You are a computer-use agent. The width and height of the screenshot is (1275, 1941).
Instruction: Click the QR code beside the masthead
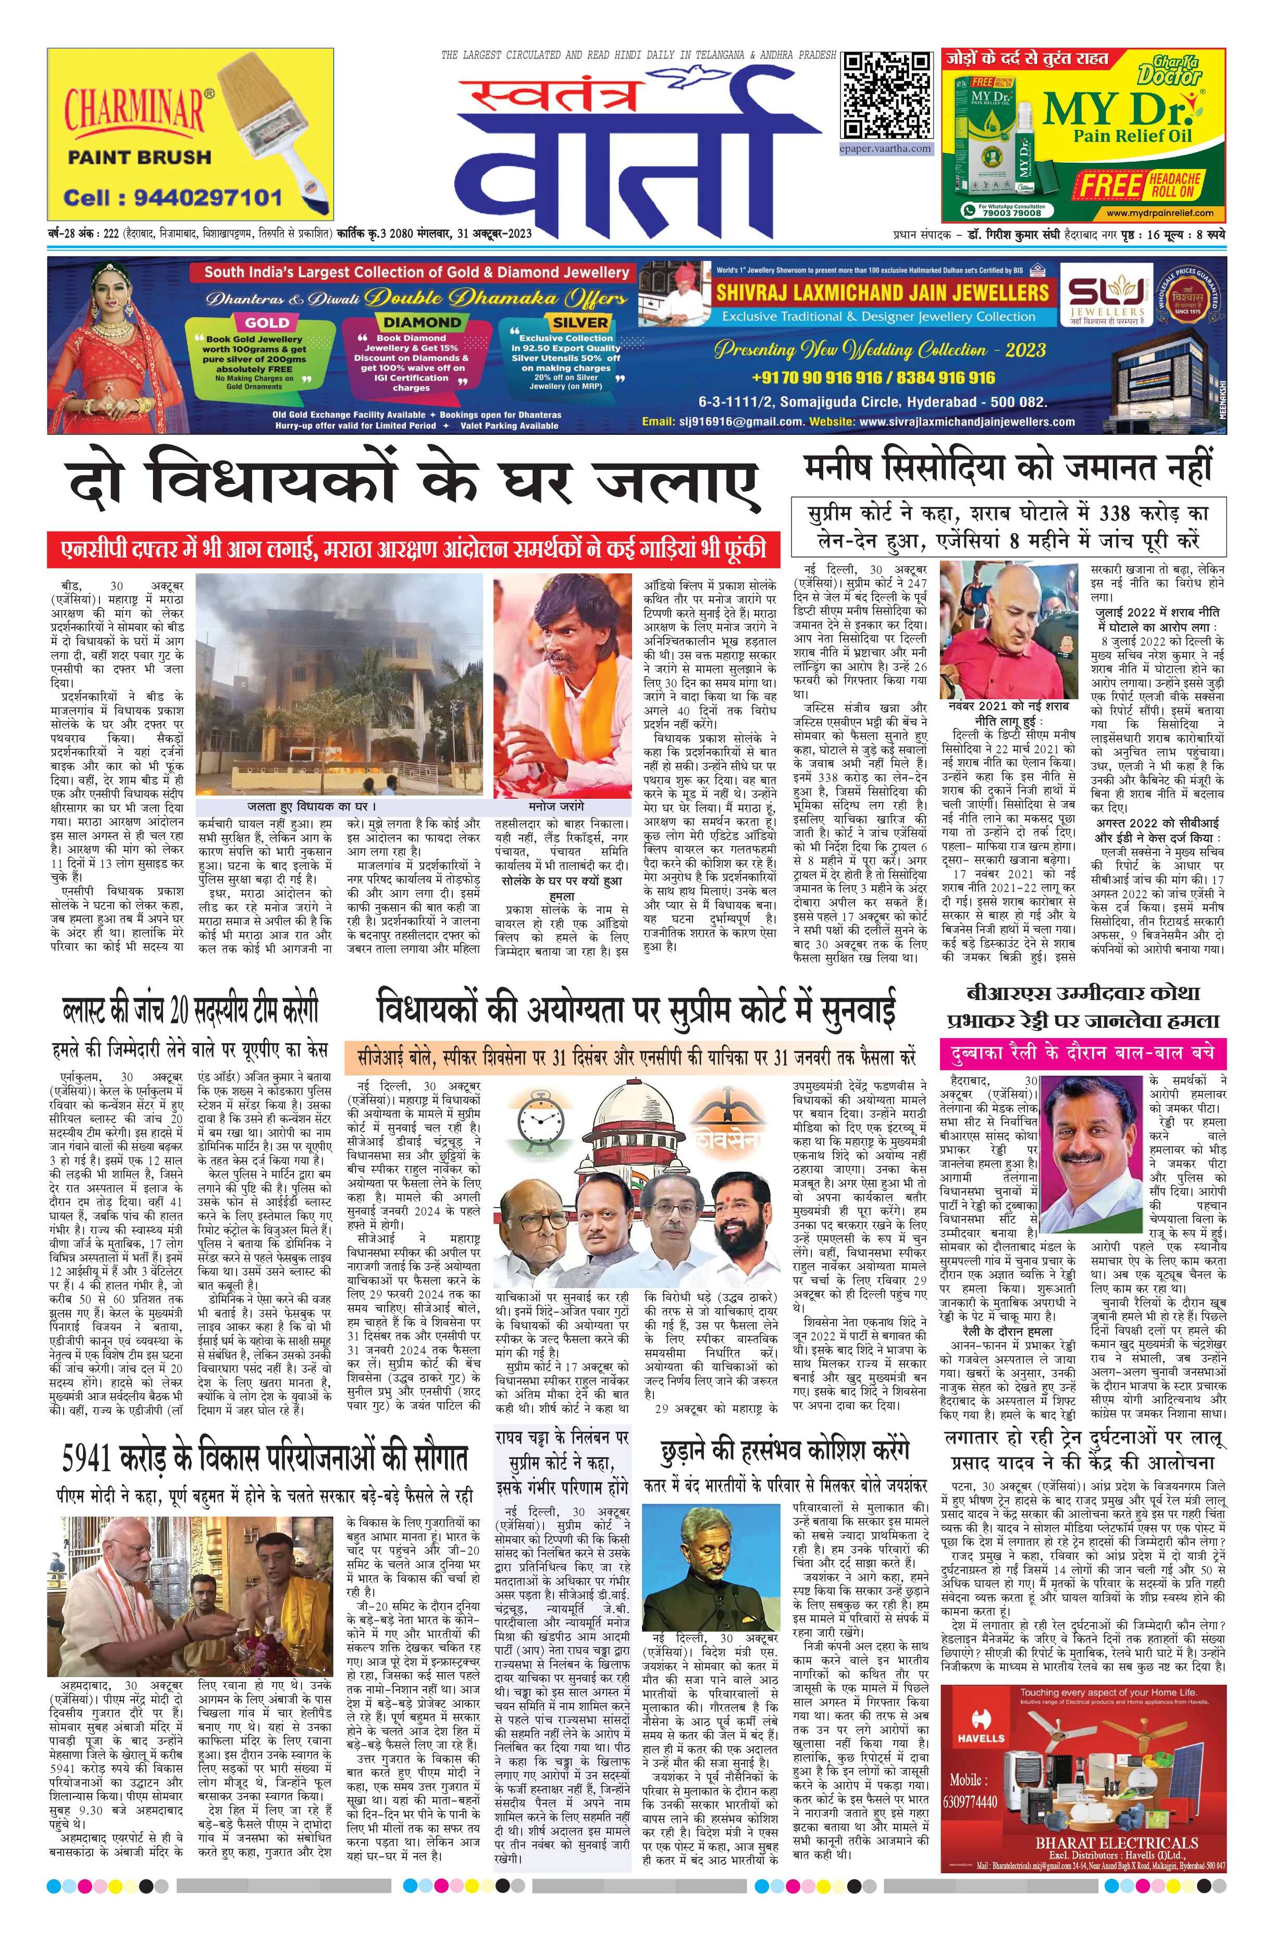[886, 96]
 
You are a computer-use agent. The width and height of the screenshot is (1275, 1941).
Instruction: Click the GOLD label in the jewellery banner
[267, 322]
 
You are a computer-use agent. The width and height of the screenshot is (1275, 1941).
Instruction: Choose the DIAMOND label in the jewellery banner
[422, 322]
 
